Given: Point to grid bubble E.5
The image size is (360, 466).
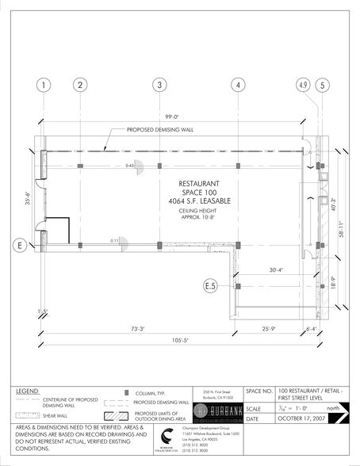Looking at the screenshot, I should point(210,285).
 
